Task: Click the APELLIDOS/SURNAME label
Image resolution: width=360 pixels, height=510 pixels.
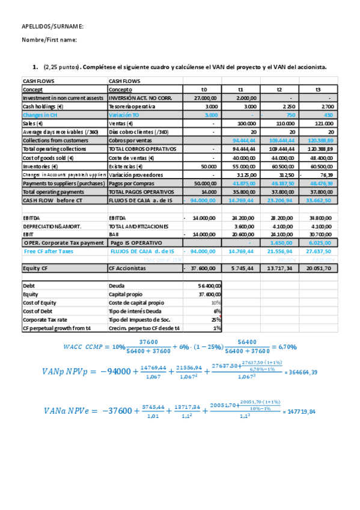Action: click(x=52, y=27)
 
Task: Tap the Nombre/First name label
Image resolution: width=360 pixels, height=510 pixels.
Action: click(x=50, y=40)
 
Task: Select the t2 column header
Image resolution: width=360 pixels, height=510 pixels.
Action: click(x=279, y=89)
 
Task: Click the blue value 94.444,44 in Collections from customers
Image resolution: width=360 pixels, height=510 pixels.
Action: click(x=243, y=140)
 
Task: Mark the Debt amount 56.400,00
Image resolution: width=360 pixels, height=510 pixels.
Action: click(x=210, y=286)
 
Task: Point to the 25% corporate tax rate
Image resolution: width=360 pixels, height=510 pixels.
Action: click(x=217, y=319)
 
